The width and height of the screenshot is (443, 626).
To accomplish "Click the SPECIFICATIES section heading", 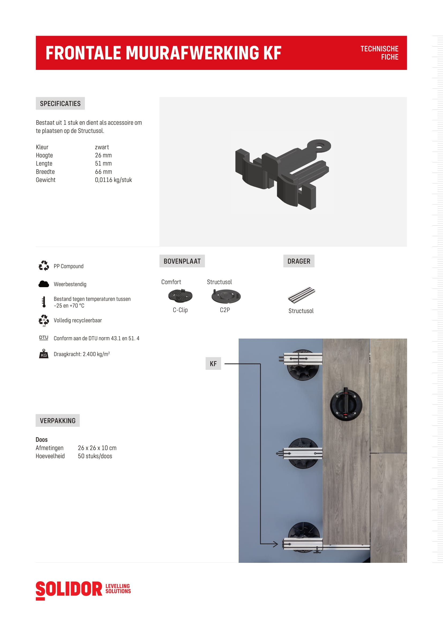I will coord(60,103).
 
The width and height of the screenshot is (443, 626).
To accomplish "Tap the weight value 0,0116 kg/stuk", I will coord(113,180).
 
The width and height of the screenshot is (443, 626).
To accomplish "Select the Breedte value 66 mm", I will coord(103,172).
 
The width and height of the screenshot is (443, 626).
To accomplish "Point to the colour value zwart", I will coord(102,147).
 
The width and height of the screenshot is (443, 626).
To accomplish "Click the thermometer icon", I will coord(44,302).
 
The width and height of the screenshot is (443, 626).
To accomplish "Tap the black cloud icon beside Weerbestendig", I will coord(44,284).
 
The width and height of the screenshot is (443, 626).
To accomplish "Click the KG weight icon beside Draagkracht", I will coord(44,354).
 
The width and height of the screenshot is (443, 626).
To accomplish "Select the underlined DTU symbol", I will coord(44,337).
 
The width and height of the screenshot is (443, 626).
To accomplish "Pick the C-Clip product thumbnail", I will coord(180,296).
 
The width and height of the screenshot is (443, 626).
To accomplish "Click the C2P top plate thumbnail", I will coord(226,296).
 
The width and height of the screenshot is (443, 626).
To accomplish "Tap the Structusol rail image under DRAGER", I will coord(301,295).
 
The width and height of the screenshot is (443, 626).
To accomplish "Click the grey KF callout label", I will coord(213,363).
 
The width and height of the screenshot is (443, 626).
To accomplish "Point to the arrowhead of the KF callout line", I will coord(276,544).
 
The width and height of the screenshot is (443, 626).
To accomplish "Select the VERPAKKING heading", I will coord(58,420).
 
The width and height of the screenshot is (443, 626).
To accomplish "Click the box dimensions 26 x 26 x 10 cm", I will coord(97,448).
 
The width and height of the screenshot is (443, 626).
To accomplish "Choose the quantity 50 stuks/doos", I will coord(95,456).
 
